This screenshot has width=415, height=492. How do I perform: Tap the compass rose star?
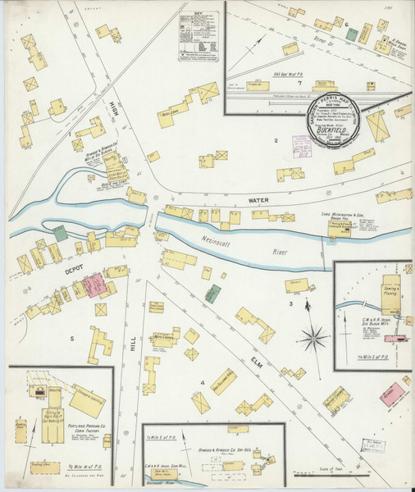pyautogui.click(x=312, y=336)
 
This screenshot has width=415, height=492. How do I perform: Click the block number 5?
pyautogui.click(x=72, y=338)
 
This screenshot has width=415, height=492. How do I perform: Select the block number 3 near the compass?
pyautogui.click(x=290, y=304)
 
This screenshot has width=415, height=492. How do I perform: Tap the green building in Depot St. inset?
pyautogui.click(x=352, y=34)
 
